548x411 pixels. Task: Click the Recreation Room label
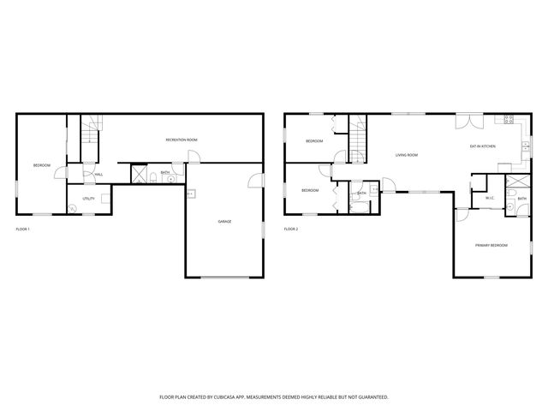[x=182, y=140]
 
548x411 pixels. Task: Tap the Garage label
[x=224, y=222]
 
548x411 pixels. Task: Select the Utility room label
[x=88, y=199]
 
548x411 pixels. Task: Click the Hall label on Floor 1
[x=99, y=175]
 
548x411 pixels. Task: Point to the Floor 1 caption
[x=23, y=229]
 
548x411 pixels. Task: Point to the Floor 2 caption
[x=290, y=229]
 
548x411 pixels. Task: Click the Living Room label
[x=406, y=155]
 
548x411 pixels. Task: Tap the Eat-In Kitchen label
[x=483, y=146]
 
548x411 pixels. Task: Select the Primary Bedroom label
[x=491, y=246]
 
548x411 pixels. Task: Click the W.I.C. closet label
[x=490, y=199]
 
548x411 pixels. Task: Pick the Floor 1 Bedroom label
[x=42, y=165]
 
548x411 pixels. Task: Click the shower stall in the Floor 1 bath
[x=138, y=175]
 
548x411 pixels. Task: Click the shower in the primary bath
[x=517, y=184]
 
